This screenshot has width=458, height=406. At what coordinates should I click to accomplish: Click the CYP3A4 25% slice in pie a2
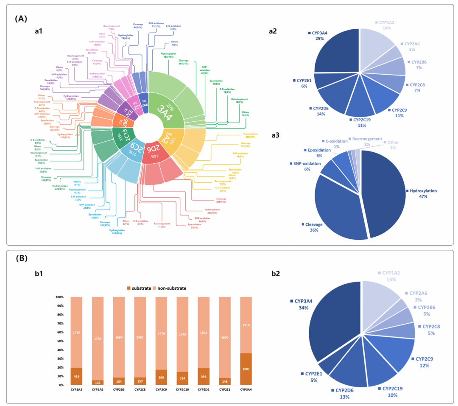coord(337,55)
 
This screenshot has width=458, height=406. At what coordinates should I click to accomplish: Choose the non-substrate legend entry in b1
coord(170,288)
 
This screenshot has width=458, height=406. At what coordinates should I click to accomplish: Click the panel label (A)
coord(22,19)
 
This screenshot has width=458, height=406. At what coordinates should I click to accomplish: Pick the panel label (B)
coord(22,258)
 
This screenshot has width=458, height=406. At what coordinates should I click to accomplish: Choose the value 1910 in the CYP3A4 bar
coord(246,325)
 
